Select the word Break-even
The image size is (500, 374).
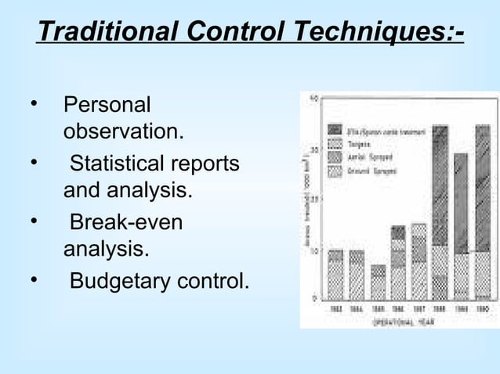126,222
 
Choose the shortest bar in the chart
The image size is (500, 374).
379,282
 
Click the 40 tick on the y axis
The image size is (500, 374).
313,99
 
